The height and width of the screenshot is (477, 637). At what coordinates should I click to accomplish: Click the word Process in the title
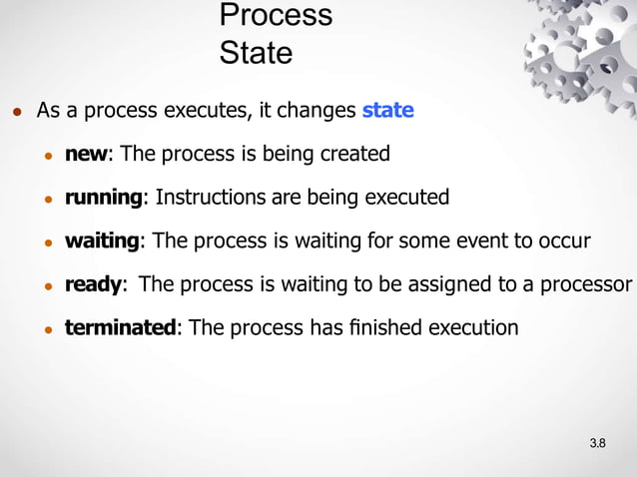point(276,16)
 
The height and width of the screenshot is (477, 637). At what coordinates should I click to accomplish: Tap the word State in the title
point(256,52)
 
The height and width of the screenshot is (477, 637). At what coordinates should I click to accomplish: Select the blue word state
point(387,110)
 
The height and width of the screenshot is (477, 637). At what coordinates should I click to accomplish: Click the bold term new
point(87,154)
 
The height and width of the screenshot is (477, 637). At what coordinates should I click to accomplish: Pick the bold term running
point(104,198)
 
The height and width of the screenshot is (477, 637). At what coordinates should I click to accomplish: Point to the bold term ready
point(94,284)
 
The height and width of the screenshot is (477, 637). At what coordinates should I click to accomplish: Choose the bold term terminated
point(120,327)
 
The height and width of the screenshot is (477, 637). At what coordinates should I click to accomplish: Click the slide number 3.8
point(598,442)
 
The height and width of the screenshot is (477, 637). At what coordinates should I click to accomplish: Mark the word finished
point(384,327)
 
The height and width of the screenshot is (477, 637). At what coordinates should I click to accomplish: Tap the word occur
point(565,240)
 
